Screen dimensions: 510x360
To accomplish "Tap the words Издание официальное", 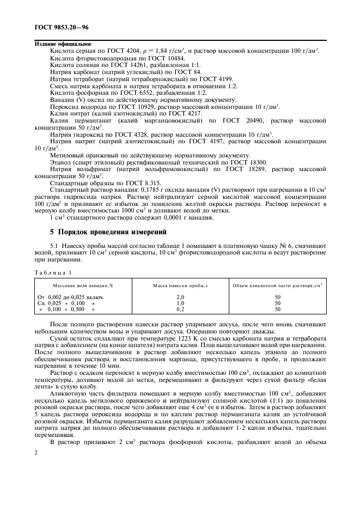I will (x=63, y=44).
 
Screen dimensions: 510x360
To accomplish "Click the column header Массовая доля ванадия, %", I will (x=83, y=285).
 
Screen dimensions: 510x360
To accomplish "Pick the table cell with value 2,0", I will (x=181, y=297).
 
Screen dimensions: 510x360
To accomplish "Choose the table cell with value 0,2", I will (x=181, y=309).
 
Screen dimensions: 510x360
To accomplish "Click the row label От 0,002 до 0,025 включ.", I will (x=70, y=297).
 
